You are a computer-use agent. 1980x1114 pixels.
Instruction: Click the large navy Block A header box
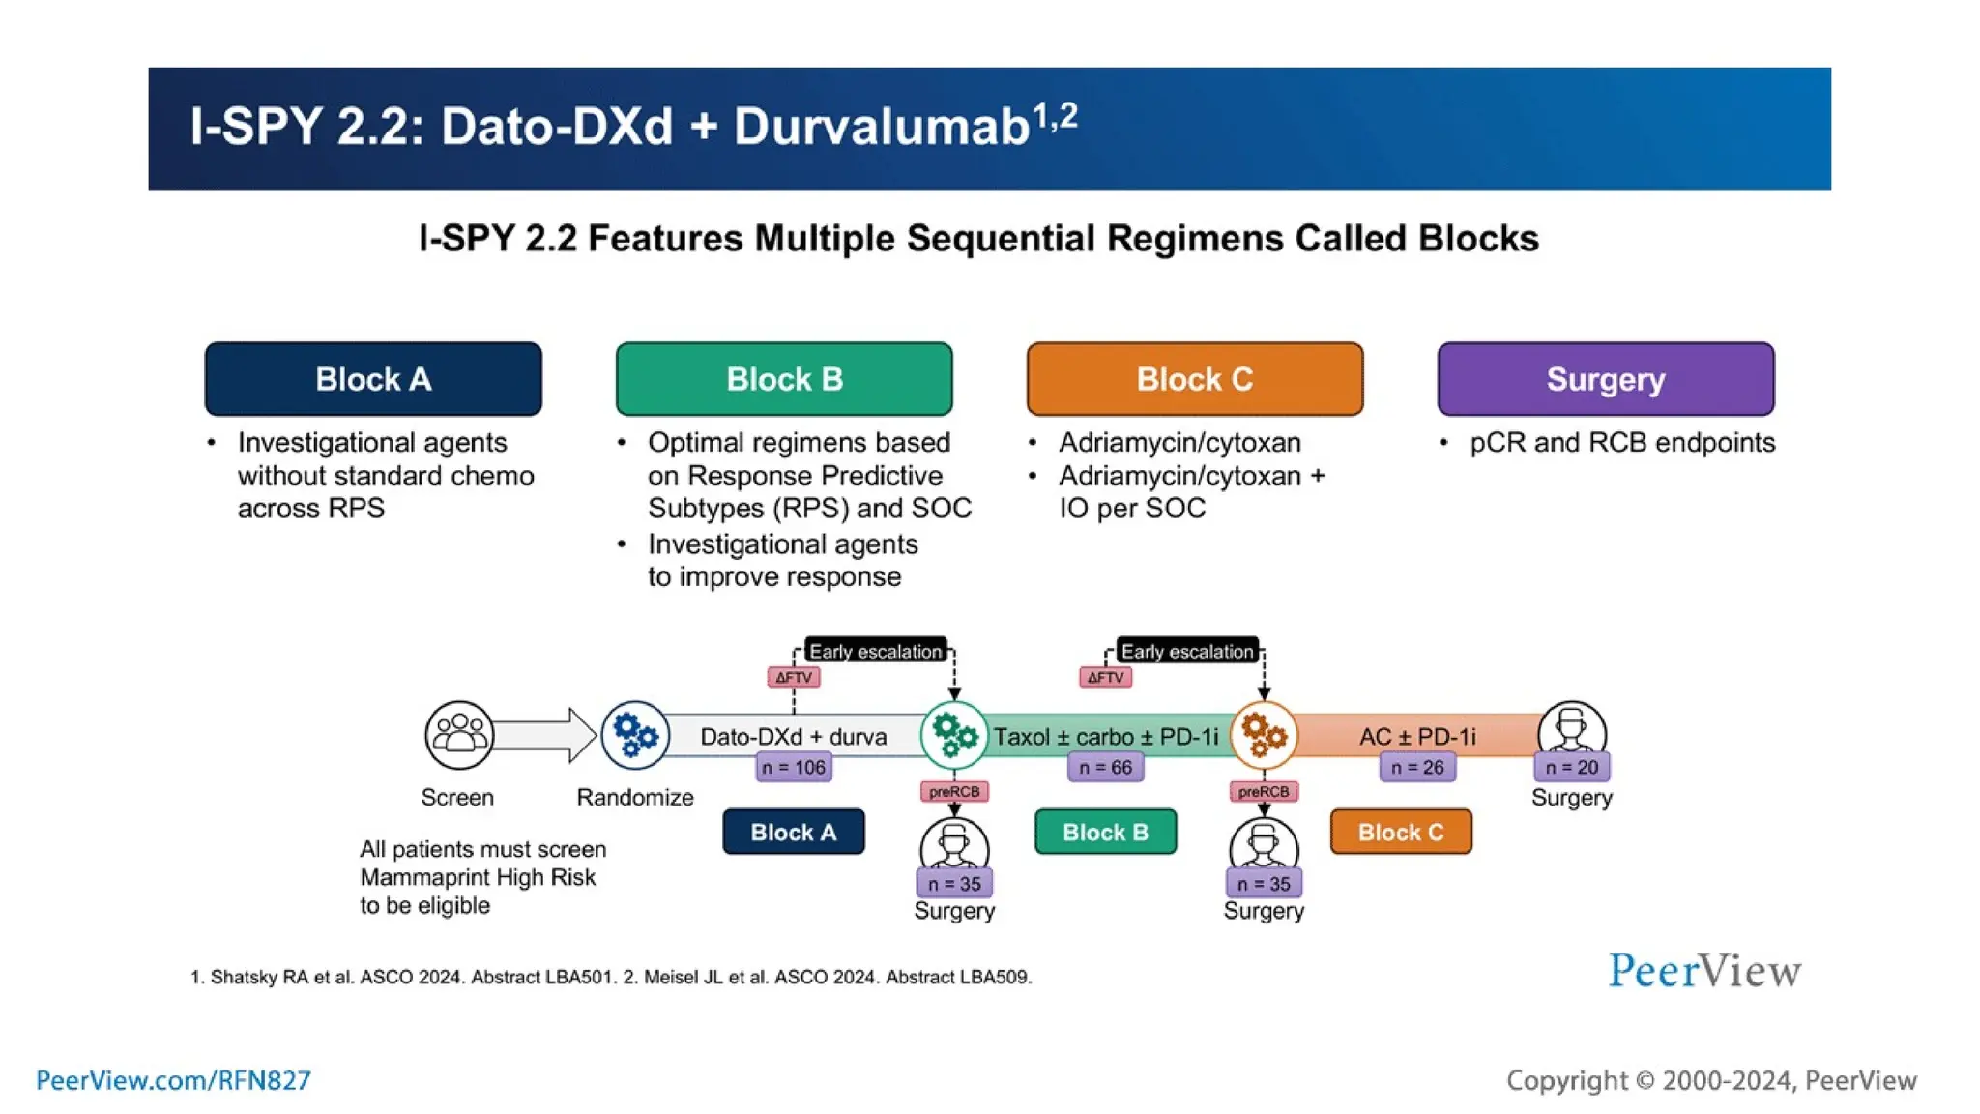click(373, 379)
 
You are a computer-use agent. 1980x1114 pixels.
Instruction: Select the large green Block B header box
click(784, 379)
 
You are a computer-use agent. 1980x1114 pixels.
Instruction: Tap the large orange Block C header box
click(1195, 379)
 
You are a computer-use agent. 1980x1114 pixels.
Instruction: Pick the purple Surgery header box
click(1605, 379)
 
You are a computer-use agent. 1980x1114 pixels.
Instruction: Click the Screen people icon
click(459, 735)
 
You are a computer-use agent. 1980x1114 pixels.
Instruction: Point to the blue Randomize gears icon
click(635, 735)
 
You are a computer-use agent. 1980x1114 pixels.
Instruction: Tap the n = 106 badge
click(794, 768)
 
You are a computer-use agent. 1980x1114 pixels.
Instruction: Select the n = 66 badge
click(1105, 768)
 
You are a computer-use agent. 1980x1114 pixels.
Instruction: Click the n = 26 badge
click(1416, 768)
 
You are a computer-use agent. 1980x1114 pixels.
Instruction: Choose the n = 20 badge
click(1572, 768)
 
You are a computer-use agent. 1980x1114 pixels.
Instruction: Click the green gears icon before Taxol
click(954, 735)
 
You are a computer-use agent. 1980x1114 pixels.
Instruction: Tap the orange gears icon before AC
click(1264, 735)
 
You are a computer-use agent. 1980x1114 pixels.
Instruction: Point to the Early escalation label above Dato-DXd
click(875, 652)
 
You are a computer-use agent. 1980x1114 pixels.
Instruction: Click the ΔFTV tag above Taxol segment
click(1105, 677)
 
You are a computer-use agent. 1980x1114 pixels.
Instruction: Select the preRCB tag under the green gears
click(954, 792)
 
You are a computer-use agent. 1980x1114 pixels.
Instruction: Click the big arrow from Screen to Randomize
click(546, 735)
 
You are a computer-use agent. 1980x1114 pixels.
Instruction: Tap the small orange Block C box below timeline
click(1401, 833)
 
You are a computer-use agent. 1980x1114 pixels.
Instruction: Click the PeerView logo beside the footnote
click(1704, 971)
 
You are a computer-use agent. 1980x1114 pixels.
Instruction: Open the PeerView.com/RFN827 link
click(174, 1080)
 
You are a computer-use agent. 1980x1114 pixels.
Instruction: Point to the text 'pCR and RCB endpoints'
click(1622, 443)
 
